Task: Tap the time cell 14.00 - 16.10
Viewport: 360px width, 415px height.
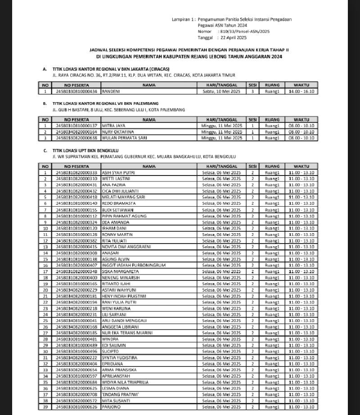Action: [301, 91]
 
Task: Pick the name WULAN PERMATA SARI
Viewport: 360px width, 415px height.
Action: [120, 138]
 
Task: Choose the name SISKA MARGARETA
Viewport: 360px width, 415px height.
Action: [117, 271]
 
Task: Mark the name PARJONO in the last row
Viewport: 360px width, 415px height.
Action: [111, 406]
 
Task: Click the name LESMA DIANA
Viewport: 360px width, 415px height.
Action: [115, 388]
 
